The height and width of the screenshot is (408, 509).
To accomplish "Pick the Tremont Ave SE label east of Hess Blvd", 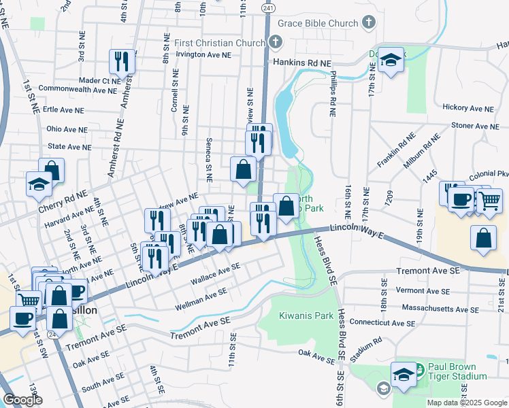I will (x=429, y=271).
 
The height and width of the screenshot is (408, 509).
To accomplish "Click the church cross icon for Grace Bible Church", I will (x=368, y=24).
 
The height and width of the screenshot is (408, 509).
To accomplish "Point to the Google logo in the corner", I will (x=22, y=401).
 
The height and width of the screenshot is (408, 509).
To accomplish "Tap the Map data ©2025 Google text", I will (x=466, y=403).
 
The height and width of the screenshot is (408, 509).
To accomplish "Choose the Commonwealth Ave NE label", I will (x=79, y=89).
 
